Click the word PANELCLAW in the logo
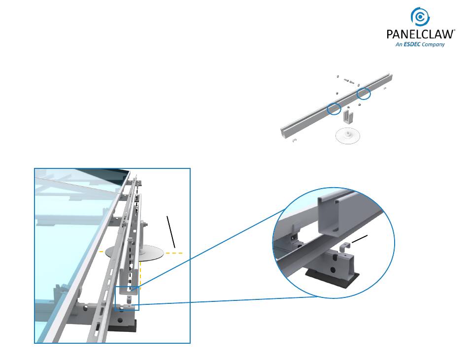(420, 34)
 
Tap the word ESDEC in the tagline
(412, 44)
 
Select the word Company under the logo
(434, 44)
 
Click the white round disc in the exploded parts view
(348, 135)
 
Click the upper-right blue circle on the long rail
(364, 93)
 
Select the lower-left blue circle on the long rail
(334, 109)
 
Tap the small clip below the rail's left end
(294, 141)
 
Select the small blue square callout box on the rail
(127, 298)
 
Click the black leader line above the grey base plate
(170, 231)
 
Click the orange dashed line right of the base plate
(174, 253)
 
